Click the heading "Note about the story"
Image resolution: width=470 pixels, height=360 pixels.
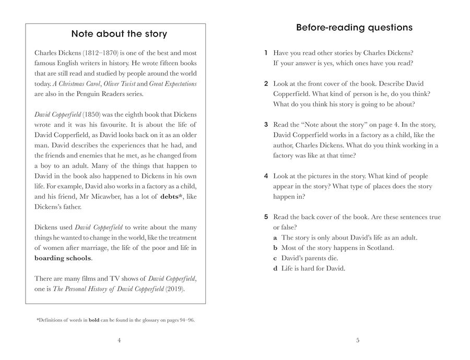click(119, 34)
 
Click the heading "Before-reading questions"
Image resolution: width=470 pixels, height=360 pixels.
click(354, 28)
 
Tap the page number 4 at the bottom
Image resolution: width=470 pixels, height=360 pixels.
click(119, 341)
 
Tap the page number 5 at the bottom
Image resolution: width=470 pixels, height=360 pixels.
click(358, 341)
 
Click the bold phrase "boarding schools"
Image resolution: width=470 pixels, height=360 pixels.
click(63, 258)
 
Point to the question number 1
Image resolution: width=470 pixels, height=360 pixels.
click(266, 53)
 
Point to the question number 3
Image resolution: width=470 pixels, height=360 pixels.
click(266, 125)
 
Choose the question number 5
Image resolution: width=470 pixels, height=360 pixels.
click(266, 217)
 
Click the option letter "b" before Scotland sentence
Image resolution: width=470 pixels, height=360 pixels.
click(275, 248)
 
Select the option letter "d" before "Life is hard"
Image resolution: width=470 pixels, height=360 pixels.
click(275, 269)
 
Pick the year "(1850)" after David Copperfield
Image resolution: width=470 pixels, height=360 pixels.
click(90, 114)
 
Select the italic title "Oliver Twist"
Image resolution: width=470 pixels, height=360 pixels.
click(119, 83)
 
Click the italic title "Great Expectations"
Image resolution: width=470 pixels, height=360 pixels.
click(173, 83)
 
